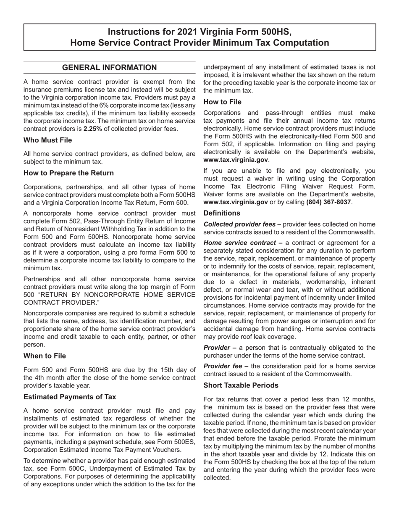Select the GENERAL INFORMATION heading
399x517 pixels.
tap(109, 68)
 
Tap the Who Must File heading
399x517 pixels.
tap(47, 140)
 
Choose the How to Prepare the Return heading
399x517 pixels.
tap(68, 173)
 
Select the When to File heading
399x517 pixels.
tap(45, 356)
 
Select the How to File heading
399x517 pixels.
tap(222, 102)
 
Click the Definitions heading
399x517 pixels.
tap(222, 213)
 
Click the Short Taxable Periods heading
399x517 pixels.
tap(241, 385)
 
